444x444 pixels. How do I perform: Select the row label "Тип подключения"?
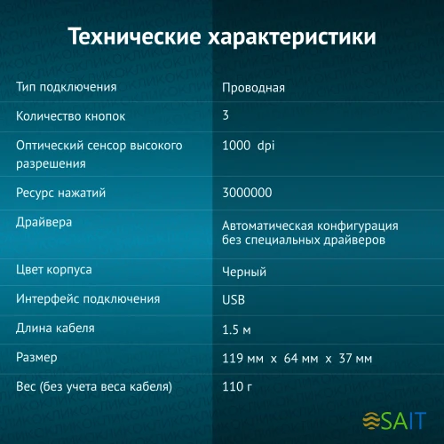[x=67, y=87]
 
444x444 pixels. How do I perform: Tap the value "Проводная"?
[x=253, y=88]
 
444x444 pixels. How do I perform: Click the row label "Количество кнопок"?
[x=72, y=116]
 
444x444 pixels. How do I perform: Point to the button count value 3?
[x=226, y=116]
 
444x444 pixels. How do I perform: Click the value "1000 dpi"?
[x=249, y=146]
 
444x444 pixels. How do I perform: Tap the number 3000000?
[x=247, y=193]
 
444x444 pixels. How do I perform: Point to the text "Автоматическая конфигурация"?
[x=310, y=226]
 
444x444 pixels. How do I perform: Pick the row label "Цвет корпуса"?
[x=54, y=269]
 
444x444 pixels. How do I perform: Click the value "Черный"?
[x=244, y=272]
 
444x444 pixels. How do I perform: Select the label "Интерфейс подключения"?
[x=88, y=299]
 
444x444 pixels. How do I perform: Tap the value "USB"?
[x=234, y=300]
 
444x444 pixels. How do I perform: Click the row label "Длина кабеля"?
[x=55, y=329]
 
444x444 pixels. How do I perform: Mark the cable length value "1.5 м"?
[x=237, y=330]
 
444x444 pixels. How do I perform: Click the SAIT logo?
[x=397, y=417]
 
